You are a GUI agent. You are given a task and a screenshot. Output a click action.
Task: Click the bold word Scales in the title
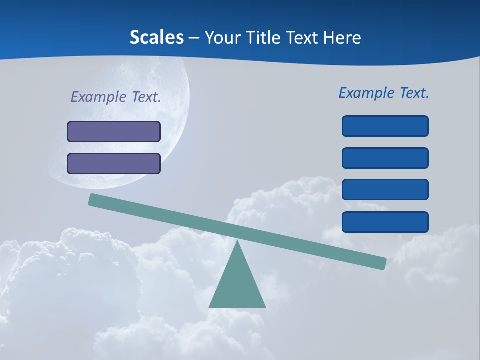pyautogui.click(x=156, y=37)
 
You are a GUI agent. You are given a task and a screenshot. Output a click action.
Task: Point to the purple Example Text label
pyautogui.click(x=116, y=97)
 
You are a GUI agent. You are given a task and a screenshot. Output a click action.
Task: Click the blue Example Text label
pyautogui.click(x=384, y=93)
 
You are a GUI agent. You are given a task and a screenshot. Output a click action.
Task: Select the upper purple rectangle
pyautogui.click(x=114, y=131)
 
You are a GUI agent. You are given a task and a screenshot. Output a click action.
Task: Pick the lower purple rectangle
pyautogui.click(x=114, y=163)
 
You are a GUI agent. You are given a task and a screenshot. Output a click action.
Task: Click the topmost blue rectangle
pyautogui.click(x=385, y=126)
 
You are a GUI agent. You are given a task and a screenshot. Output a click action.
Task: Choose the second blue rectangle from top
pyautogui.click(x=385, y=158)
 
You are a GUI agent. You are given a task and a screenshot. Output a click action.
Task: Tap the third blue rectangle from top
pyautogui.click(x=385, y=189)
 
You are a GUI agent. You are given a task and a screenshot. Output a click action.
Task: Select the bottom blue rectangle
pyautogui.click(x=385, y=222)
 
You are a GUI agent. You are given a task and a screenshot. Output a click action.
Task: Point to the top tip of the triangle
pyautogui.click(x=237, y=241)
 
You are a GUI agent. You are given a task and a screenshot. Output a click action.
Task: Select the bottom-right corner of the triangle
pyautogui.click(x=265, y=306)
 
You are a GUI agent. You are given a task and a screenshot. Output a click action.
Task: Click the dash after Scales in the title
pyautogui.click(x=194, y=38)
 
